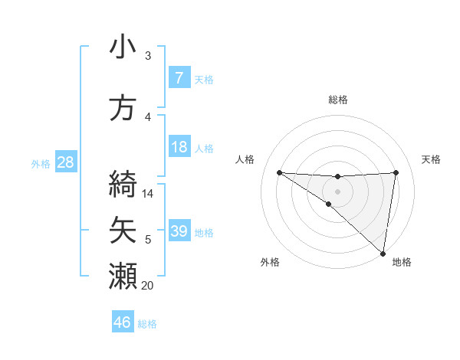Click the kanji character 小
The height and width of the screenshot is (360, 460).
[123, 47]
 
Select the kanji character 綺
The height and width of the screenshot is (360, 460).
[123, 185]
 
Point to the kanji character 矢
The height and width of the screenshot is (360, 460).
[123, 231]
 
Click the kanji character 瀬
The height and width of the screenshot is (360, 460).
[123, 277]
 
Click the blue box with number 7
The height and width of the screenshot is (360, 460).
[179, 78]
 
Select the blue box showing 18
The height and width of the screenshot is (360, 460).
[179, 147]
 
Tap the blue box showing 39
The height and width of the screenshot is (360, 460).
[179, 231]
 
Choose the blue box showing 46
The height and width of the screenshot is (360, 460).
[123, 322]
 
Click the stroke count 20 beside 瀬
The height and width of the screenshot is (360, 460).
[147, 286]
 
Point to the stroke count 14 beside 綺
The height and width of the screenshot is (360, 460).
[148, 194]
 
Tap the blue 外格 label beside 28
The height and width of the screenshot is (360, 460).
[40, 163]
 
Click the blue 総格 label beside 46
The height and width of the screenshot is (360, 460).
[147, 323]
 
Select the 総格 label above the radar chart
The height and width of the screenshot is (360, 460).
[337, 100]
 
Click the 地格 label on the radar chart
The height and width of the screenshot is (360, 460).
[402, 262]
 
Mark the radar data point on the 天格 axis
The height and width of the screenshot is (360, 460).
[396, 172]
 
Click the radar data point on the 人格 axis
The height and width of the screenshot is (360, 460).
[279, 172]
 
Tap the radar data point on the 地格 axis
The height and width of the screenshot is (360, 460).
[383, 253]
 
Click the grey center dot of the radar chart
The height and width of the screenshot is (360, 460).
[337, 191]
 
